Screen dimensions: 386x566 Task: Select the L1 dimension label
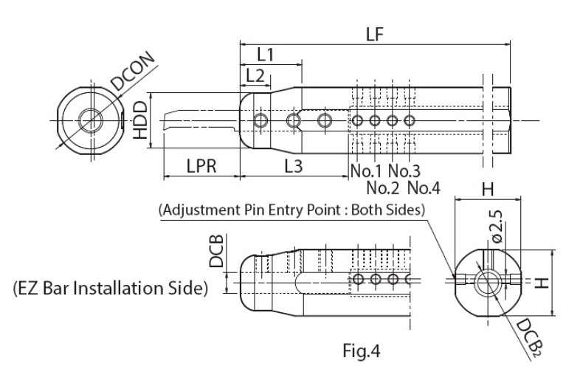tap(266, 55)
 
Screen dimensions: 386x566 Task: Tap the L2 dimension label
tap(255, 75)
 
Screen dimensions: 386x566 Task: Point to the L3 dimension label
tap(293, 167)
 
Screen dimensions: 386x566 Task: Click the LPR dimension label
tap(201, 167)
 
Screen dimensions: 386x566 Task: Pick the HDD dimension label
tap(139, 121)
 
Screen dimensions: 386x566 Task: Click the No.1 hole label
tap(365, 170)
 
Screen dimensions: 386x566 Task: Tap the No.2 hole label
tap(382, 187)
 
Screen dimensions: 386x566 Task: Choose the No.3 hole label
tap(404, 170)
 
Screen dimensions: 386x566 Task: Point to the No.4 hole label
tap(423, 187)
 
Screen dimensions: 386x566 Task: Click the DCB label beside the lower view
tap(215, 252)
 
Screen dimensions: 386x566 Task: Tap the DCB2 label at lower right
tap(528, 339)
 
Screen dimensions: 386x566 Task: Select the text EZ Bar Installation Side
tap(111, 288)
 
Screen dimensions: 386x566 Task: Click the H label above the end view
tap(487, 190)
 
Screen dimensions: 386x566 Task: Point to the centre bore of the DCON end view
tap(90, 120)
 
